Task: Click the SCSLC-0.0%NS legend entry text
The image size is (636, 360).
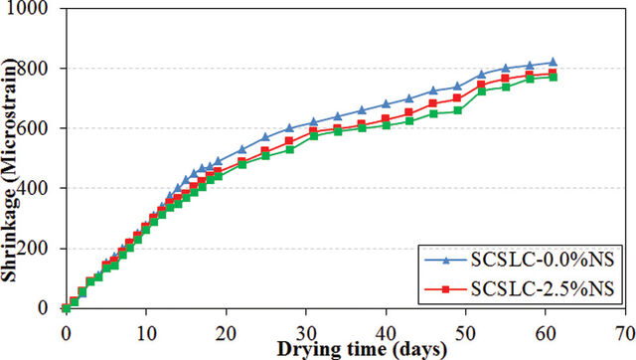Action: (x=543, y=261)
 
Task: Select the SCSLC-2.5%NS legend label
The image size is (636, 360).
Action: (x=543, y=289)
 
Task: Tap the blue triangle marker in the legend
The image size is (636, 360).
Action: (x=446, y=261)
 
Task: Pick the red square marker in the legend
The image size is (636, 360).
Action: (x=446, y=289)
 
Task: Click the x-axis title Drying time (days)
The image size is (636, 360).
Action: (x=362, y=350)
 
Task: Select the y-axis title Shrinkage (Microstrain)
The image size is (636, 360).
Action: (x=9, y=170)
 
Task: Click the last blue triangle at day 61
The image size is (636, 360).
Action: (x=553, y=62)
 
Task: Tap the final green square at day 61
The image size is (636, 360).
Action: (x=553, y=78)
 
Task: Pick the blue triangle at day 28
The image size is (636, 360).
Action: (x=289, y=128)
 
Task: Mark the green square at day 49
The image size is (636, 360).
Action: (x=457, y=110)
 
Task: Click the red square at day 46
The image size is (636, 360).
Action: (x=433, y=103)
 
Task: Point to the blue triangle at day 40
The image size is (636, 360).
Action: (x=386, y=103)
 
